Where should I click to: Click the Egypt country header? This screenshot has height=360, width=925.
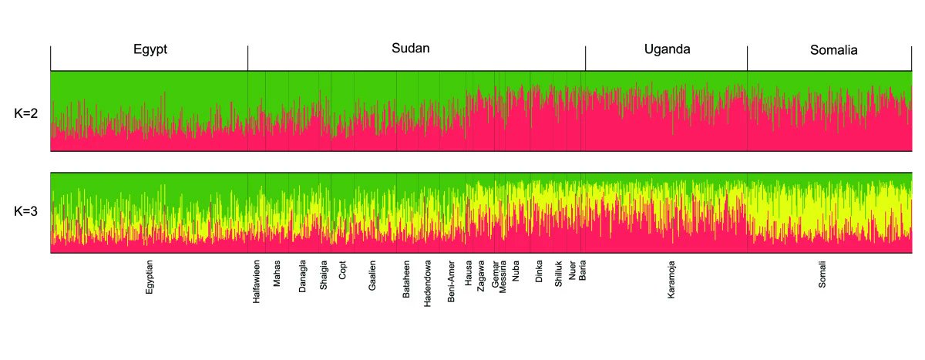[x=150, y=50]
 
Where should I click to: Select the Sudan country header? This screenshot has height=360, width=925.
[x=410, y=49]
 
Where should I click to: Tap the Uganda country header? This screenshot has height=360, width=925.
[x=667, y=49]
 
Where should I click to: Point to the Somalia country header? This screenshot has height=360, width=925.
[x=833, y=51]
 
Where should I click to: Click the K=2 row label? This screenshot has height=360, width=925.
[x=26, y=113]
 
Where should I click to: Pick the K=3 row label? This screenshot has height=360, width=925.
[x=26, y=212]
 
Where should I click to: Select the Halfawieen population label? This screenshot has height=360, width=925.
[x=257, y=283]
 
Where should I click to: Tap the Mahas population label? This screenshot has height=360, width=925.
[x=277, y=274]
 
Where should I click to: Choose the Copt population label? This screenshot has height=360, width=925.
[x=343, y=272]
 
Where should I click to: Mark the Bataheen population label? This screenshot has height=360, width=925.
[x=406, y=278]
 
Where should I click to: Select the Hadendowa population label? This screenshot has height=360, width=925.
[x=428, y=282]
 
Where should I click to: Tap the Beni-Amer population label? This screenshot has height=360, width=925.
[x=452, y=281]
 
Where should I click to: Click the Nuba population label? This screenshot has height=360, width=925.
[x=516, y=272]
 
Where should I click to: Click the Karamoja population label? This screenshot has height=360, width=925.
[x=671, y=279]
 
